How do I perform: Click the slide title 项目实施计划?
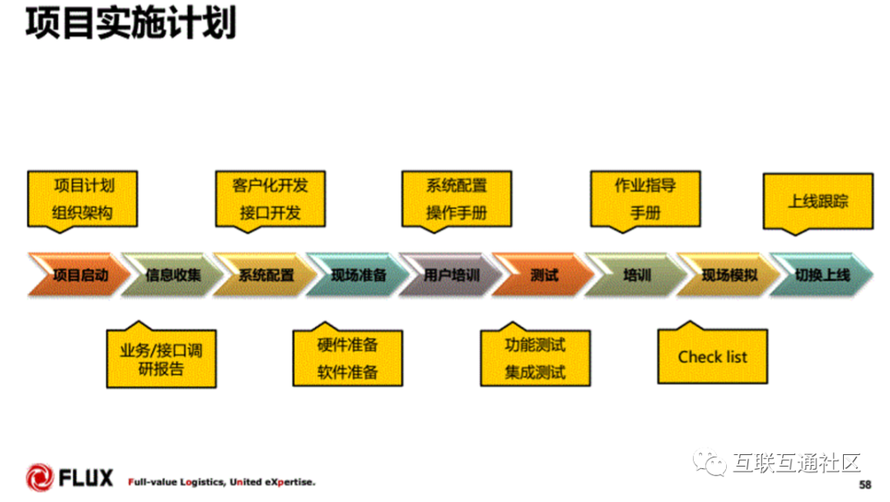click(x=130, y=24)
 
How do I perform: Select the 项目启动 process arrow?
click(x=80, y=274)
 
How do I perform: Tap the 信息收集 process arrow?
click(x=172, y=274)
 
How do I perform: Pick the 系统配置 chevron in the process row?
click(x=265, y=274)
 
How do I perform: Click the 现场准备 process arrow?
click(x=358, y=274)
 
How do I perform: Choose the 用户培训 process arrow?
click(x=451, y=274)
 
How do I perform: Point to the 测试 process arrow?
click(x=544, y=274)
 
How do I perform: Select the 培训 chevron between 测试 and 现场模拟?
click(x=636, y=274)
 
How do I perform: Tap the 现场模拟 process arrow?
click(x=729, y=274)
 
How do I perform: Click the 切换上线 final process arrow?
click(x=822, y=274)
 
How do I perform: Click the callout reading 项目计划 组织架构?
click(x=82, y=199)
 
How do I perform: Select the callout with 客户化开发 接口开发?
click(x=269, y=199)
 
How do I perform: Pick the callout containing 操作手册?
click(x=456, y=199)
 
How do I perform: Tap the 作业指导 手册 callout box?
click(x=645, y=199)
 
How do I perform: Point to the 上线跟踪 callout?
click(x=817, y=201)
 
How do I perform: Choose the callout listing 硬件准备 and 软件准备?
click(x=347, y=358)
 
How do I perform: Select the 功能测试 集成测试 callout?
click(x=535, y=358)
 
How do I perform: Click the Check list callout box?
click(x=712, y=356)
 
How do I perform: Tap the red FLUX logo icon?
click(x=39, y=477)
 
